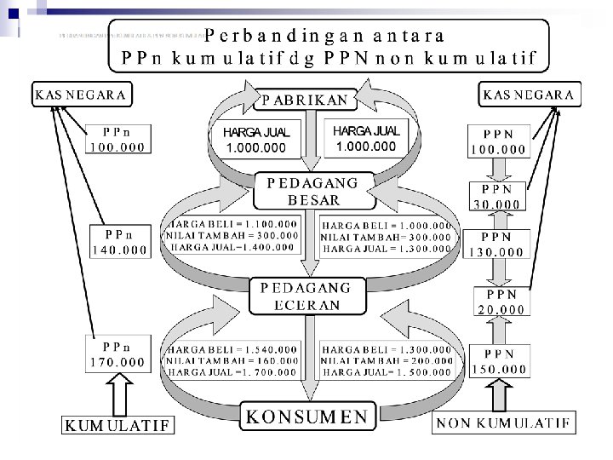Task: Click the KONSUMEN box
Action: click(x=306, y=417)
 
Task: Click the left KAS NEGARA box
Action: click(x=80, y=95)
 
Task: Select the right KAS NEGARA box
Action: click(x=529, y=95)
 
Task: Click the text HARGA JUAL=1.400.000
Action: click(x=234, y=247)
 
